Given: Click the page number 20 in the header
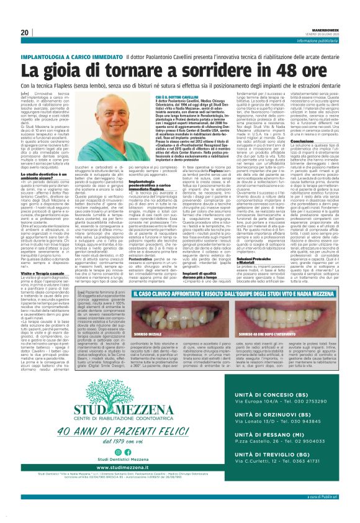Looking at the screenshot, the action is click(25, 32).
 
